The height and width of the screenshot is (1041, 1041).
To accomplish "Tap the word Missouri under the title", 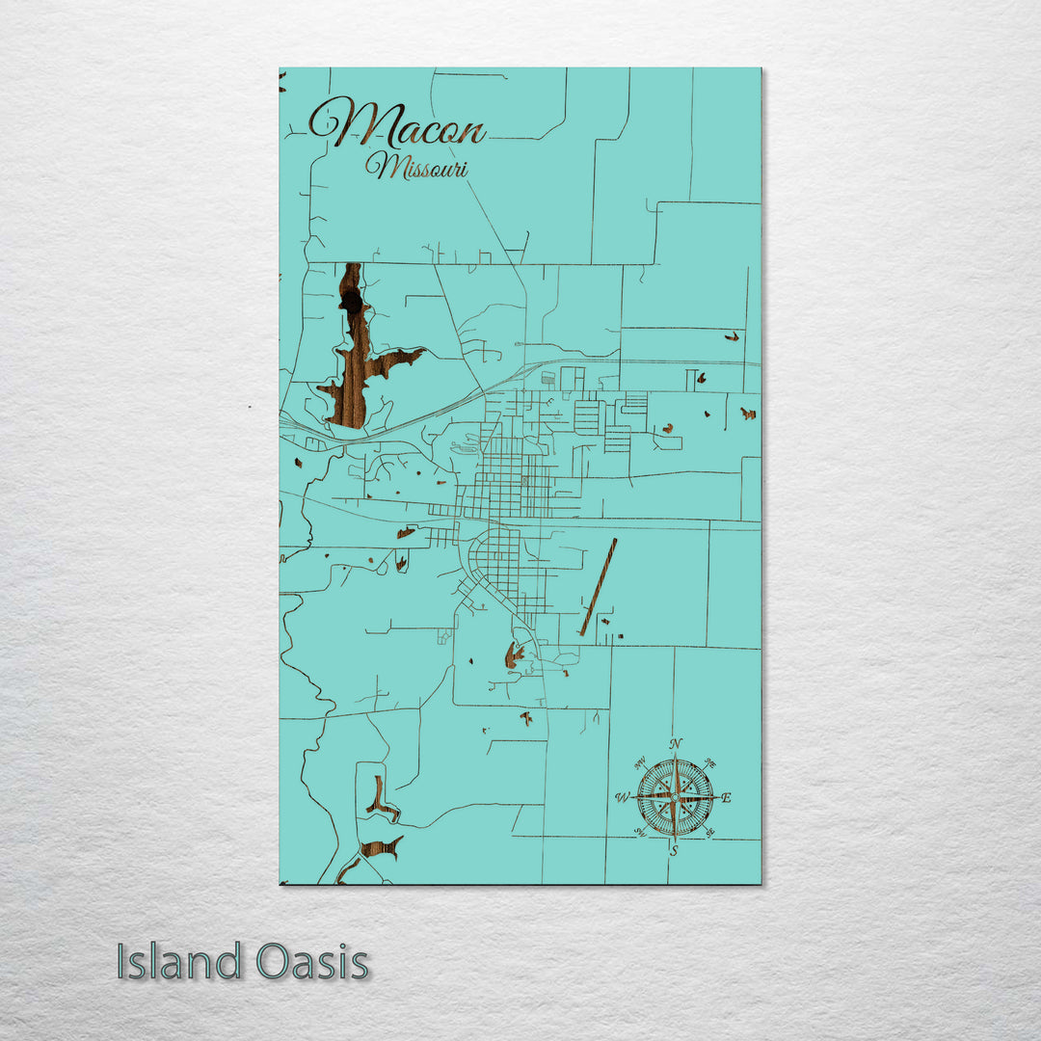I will coord(416,168).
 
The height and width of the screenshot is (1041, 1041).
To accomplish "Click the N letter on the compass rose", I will coord(676,743).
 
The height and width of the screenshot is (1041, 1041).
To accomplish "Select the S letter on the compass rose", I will coord(674,851).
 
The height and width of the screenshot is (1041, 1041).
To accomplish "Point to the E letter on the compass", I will coord(727,798).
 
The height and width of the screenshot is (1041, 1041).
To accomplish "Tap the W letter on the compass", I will coord(622,798).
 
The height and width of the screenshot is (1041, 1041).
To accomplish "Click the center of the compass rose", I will coord(675,797).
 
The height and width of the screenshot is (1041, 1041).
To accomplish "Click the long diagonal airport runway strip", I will coord(598,587).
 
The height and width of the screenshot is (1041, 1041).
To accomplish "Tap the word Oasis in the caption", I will coord(312,962).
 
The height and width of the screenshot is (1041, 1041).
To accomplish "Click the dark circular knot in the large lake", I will coord(352,303).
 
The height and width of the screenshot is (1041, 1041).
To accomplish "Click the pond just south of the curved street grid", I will coord(514,656).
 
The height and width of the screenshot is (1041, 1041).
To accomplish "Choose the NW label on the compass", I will coord(639,762).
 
